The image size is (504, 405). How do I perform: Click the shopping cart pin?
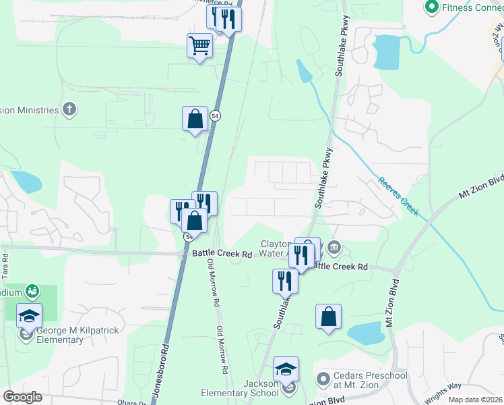pyautogui.click(x=199, y=47)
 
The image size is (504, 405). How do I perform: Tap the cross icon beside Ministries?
pyautogui.click(x=69, y=109)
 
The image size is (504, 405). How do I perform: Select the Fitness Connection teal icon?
pyautogui.click(x=432, y=7)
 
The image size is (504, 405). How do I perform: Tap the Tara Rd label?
pyautogui.click(x=5, y=266)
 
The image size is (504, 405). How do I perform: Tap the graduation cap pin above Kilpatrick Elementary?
pyautogui.click(x=29, y=315)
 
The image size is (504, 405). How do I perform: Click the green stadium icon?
pyautogui.click(x=31, y=291)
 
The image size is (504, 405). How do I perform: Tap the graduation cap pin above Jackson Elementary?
pyautogui.click(x=286, y=369)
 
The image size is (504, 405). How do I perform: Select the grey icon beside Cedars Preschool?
pyautogui.click(x=323, y=377)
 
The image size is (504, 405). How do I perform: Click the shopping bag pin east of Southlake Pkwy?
pyautogui.click(x=328, y=316)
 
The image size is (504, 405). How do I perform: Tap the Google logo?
pyautogui.click(x=23, y=397)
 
